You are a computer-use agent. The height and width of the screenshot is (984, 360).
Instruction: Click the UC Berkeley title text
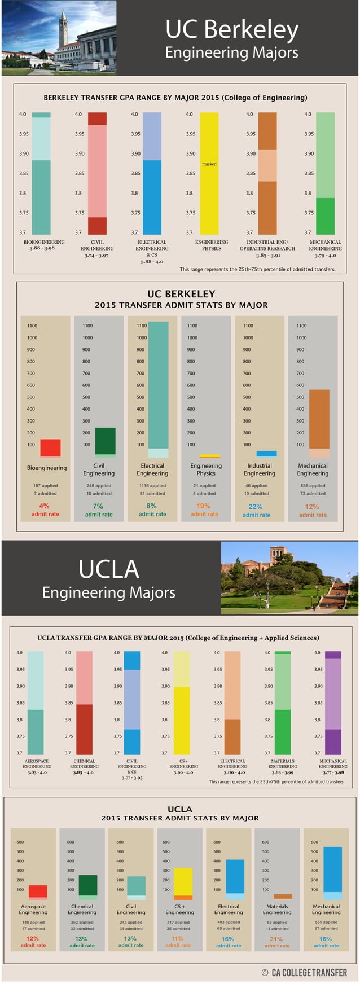[x=231, y=29]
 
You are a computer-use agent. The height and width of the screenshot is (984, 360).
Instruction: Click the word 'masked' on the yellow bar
[x=209, y=164]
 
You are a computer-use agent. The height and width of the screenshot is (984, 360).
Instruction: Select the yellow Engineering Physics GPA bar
[x=209, y=192]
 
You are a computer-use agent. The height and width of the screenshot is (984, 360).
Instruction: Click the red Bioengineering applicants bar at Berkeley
[x=50, y=447]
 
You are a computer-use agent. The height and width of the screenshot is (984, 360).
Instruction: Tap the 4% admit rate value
[x=45, y=506]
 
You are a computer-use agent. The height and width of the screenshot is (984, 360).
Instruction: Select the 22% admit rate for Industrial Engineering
[x=256, y=507]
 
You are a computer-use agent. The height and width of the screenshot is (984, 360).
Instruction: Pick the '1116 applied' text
[x=152, y=486]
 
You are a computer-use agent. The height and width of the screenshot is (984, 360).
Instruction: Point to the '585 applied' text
[x=313, y=486]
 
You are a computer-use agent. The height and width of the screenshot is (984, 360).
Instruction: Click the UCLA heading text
[x=109, y=569]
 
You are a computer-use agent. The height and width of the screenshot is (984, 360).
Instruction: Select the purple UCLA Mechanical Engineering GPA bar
[x=333, y=702]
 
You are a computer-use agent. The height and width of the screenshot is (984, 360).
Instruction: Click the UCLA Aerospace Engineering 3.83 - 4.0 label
[x=37, y=772]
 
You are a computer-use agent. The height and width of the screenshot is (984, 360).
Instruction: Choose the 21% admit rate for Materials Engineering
[x=276, y=939]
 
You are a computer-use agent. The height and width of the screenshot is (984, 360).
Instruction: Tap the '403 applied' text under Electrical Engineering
[x=229, y=922]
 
